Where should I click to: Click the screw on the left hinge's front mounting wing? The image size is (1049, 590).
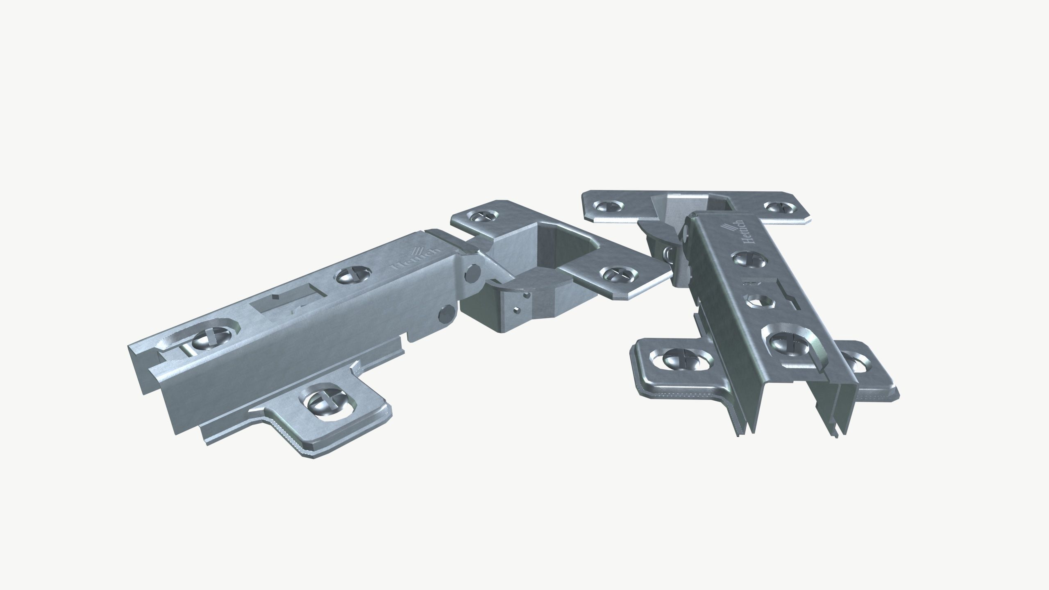pos(324,399)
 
